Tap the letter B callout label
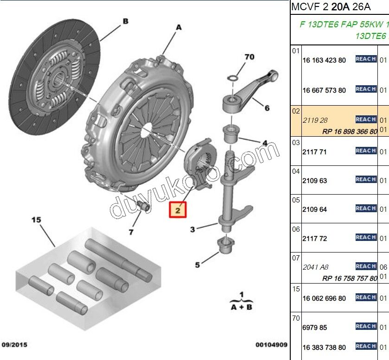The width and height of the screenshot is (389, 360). (125, 21)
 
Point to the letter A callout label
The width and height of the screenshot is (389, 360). (179, 28)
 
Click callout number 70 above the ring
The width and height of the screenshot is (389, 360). (249, 57)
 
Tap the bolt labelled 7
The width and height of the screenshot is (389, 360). (144, 206)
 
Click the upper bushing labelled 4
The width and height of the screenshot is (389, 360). (232, 135)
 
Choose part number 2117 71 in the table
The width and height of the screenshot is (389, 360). (314, 152)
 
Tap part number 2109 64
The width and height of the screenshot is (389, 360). (314, 209)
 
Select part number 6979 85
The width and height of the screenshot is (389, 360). (314, 328)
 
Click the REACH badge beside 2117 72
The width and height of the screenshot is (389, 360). (365, 238)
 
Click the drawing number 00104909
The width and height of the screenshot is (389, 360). (271, 345)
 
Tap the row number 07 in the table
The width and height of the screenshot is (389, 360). (296, 258)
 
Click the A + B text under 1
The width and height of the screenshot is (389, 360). (241, 306)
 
